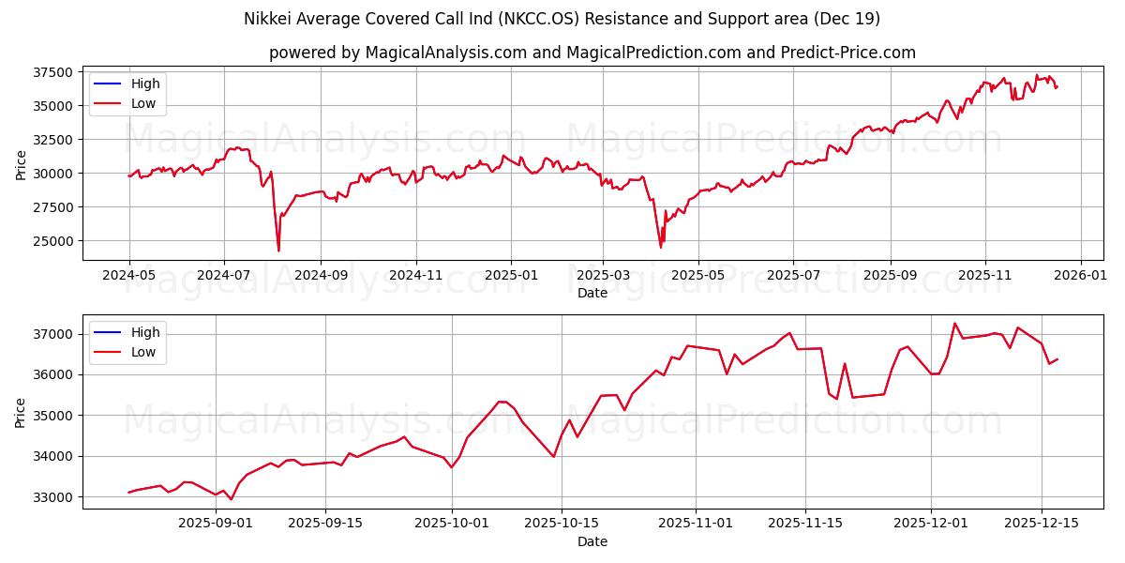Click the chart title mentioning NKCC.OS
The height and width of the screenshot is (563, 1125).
562,19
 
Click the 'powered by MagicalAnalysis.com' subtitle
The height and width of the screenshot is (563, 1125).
592,53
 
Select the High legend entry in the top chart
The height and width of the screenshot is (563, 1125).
145,84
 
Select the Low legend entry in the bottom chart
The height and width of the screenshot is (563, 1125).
143,352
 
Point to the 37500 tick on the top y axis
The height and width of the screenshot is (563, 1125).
52,72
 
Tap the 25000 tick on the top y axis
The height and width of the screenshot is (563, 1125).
52,241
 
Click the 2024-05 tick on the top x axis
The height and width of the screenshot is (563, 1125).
128,276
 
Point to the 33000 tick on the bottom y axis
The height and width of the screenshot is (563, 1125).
52,497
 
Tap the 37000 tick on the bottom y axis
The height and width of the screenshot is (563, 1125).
52,334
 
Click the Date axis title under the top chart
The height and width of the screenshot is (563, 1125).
592,293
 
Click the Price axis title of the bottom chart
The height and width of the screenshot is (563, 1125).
21,411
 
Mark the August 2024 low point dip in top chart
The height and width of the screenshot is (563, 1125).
278,251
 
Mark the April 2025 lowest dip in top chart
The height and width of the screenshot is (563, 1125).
661,247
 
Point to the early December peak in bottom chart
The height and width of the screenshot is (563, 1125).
954,324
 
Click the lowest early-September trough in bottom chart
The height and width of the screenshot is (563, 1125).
232,499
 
